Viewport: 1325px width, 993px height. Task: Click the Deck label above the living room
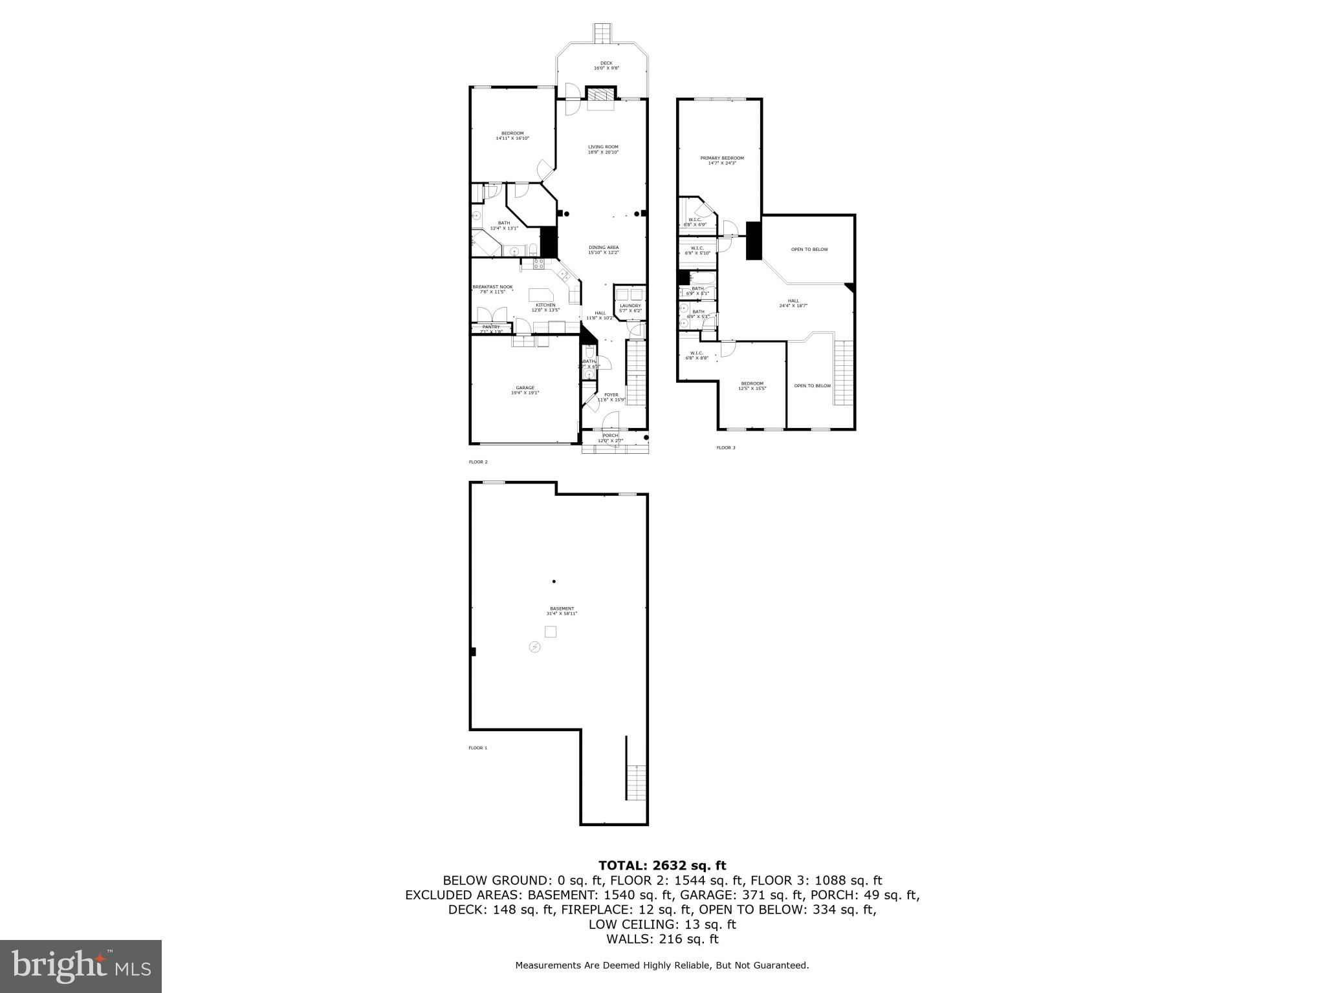click(x=606, y=63)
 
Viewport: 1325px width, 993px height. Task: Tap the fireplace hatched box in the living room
click(x=600, y=94)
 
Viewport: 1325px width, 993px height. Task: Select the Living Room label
click(x=603, y=147)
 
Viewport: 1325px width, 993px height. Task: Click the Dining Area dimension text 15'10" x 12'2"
click(x=603, y=253)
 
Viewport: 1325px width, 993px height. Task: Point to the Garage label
click(x=525, y=388)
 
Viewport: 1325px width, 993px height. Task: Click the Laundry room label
click(x=630, y=306)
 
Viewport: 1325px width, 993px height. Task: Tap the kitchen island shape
click(x=542, y=295)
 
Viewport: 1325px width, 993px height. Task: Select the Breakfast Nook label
click(x=492, y=287)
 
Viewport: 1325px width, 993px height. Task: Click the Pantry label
click(x=491, y=327)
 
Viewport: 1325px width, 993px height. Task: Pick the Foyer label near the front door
click(x=611, y=395)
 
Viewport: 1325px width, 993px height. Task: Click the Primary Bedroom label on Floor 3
click(x=722, y=158)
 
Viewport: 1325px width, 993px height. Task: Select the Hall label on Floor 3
click(x=793, y=301)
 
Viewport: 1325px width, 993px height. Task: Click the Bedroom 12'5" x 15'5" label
click(x=752, y=383)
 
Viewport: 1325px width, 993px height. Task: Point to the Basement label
click(x=562, y=608)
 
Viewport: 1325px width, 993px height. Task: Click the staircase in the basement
click(x=637, y=783)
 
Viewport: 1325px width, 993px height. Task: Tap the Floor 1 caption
click(x=477, y=748)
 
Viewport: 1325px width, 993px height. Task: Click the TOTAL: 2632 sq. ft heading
click(x=662, y=866)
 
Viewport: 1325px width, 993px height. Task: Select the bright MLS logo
click(x=81, y=966)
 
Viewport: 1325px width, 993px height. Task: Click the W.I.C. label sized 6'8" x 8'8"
click(x=696, y=353)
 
